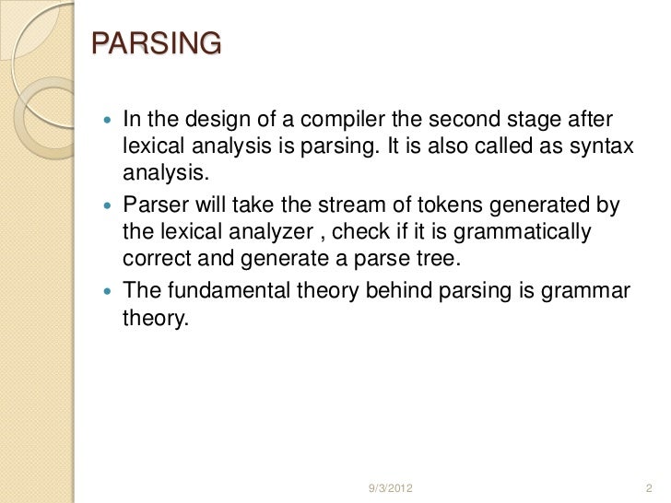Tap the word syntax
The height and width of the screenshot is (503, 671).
[x=604, y=146]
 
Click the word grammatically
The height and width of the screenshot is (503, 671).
[x=519, y=231]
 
